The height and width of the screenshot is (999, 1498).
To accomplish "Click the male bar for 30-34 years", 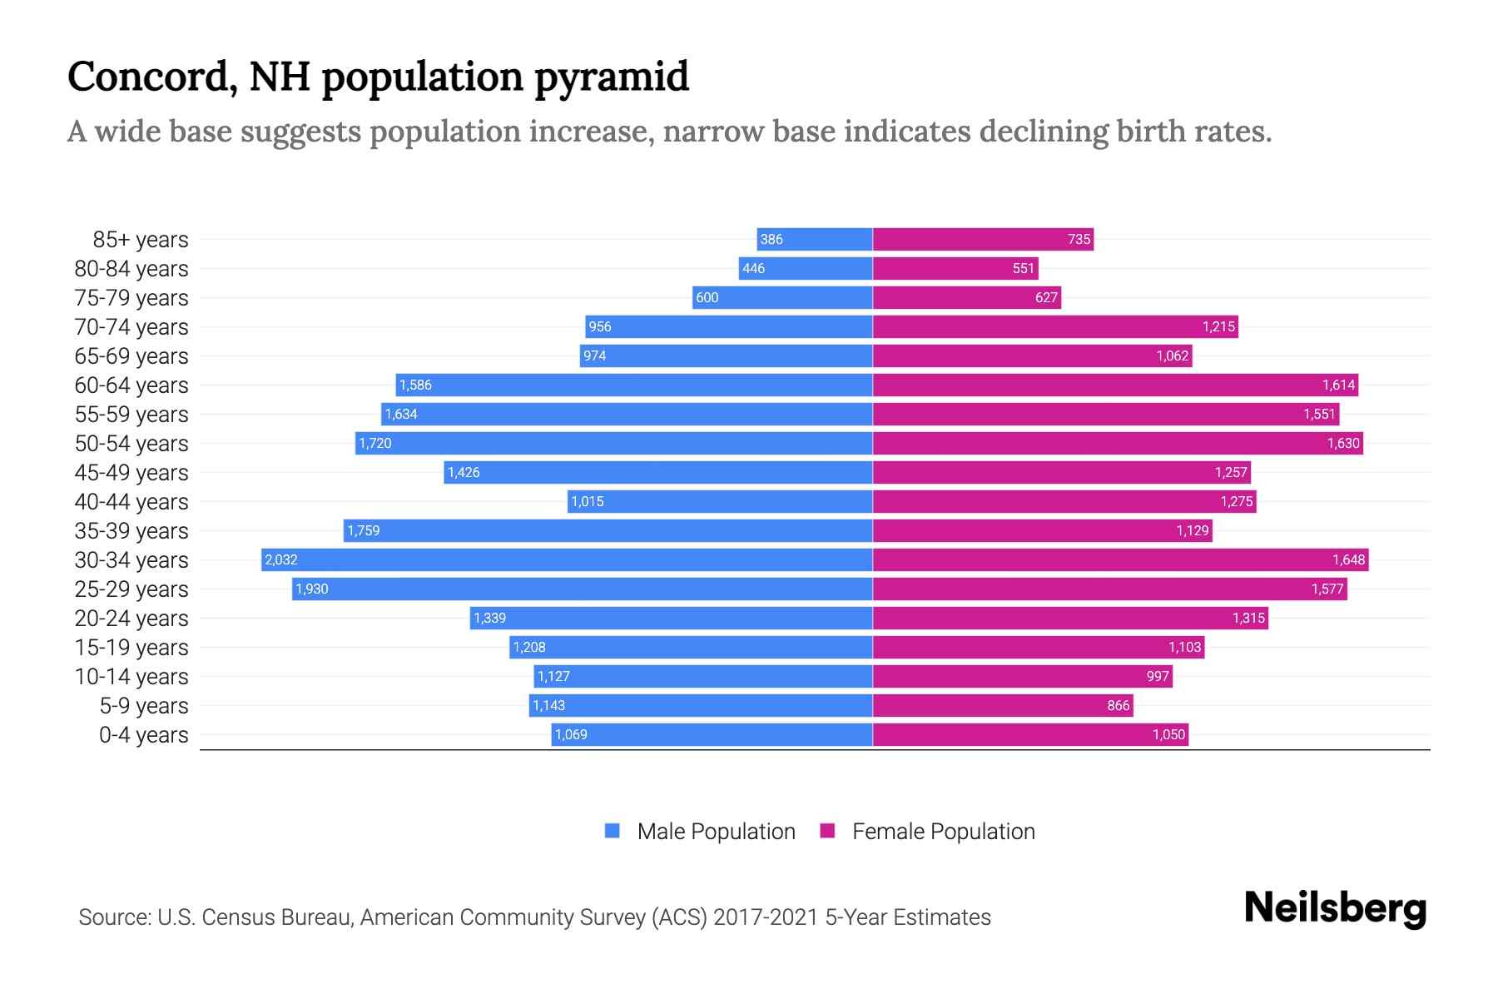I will tap(566, 559).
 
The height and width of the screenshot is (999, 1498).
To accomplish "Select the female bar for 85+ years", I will tap(982, 239).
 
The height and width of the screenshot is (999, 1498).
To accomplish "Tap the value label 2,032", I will tap(281, 559).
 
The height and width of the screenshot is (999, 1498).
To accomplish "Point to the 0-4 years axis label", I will tap(143, 734).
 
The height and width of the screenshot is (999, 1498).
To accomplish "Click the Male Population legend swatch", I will tap(613, 831).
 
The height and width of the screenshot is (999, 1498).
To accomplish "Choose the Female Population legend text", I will tap(943, 831).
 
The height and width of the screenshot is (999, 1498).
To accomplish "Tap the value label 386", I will tap(771, 239).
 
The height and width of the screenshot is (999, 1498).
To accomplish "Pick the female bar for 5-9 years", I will tap(1003, 705).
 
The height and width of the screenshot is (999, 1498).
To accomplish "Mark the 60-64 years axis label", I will tap(131, 385).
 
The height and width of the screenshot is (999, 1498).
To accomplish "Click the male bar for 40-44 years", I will tap(720, 501).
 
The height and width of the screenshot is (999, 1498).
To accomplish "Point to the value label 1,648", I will tap(1348, 559).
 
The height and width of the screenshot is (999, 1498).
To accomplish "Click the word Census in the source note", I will tap(238, 917).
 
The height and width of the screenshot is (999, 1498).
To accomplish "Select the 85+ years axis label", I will tap(140, 239).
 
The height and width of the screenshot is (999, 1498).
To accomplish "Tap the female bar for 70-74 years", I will tap(1055, 326).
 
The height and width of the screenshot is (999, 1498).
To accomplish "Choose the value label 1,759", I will tap(364, 530).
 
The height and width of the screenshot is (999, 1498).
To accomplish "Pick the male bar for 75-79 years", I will tap(782, 297).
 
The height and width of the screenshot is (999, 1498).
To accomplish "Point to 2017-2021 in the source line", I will tap(766, 917).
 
